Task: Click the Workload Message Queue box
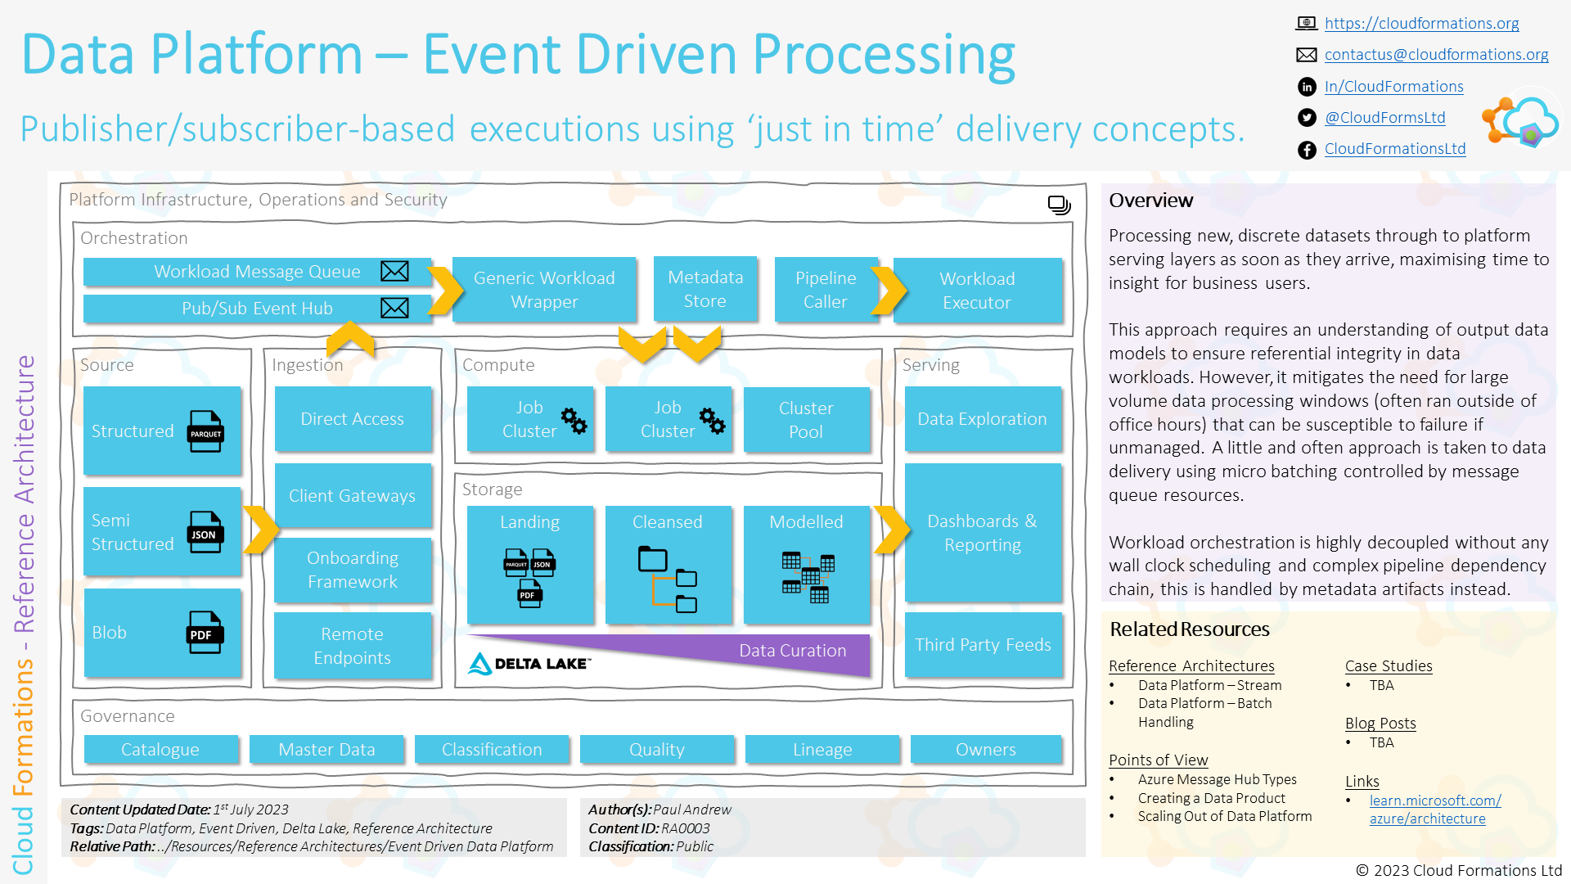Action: [x=256, y=272]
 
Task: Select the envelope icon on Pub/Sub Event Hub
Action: [x=394, y=308]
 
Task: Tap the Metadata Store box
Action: [x=704, y=289]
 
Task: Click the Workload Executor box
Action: [x=977, y=291]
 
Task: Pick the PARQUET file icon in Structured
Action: [x=205, y=431]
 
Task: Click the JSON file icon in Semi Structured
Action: [x=205, y=532]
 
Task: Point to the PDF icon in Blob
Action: [x=204, y=633]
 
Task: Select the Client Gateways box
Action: [x=352, y=496]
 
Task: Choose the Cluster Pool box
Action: [x=805, y=420]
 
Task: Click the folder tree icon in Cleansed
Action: [x=667, y=580]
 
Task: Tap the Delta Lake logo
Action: [x=529, y=663]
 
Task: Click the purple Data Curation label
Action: [x=792, y=651]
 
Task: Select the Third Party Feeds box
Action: [x=983, y=645]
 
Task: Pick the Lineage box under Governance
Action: [x=822, y=750]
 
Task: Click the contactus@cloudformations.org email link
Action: [x=1436, y=55]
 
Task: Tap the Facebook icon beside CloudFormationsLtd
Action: [x=1307, y=150]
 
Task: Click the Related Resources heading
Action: [x=1189, y=629]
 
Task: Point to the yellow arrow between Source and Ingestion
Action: [x=261, y=530]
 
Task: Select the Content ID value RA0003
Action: [x=686, y=828]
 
